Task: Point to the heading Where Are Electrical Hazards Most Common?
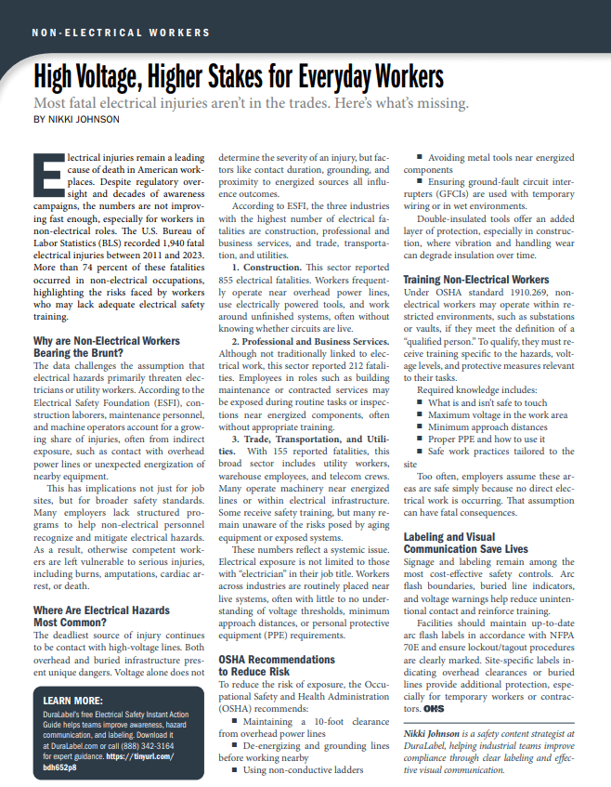pyautogui.click(x=101, y=617)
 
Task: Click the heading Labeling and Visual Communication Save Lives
pyautogui.click(x=464, y=543)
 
